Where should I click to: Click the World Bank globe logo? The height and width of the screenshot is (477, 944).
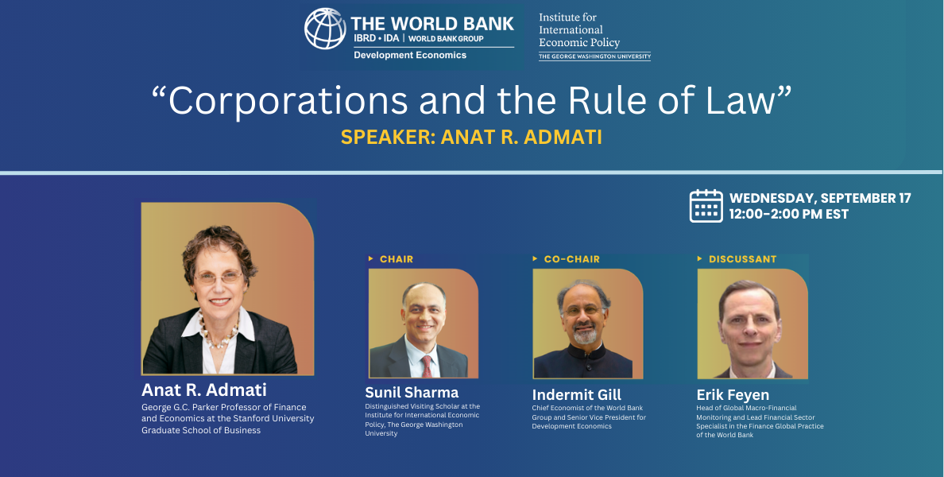pyautogui.click(x=325, y=29)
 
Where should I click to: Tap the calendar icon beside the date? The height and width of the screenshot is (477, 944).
pyautogui.click(x=706, y=206)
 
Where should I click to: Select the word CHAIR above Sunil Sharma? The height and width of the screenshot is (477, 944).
pyautogui.click(x=397, y=259)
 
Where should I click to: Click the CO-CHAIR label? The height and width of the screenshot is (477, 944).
pyautogui.click(x=572, y=259)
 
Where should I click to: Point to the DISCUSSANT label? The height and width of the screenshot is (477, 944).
pyautogui.click(x=742, y=259)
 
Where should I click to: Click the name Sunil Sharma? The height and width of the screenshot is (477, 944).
pyautogui.click(x=412, y=393)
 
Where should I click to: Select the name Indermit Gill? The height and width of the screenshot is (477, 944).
pyautogui.click(x=577, y=395)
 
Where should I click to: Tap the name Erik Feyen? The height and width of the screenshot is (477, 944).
pyautogui.click(x=733, y=395)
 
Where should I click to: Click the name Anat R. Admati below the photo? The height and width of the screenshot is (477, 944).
pyautogui.click(x=204, y=390)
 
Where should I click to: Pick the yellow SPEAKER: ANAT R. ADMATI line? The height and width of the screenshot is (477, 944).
pyautogui.click(x=471, y=138)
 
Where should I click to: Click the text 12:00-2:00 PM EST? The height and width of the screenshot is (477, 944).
pyautogui.click(x=789, y=215)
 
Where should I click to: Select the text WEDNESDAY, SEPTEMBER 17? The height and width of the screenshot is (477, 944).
pyautogui.click(x=820, y=198)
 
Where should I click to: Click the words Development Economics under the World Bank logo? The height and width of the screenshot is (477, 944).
pyautogui.click(x=410, y=56)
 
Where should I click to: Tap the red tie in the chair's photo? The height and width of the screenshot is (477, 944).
pyautogui.click(x=426, y=366)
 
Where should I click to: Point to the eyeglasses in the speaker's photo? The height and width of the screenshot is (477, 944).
pyautogui.click(x=218, y=277)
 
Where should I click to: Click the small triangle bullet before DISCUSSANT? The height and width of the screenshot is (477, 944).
pyautogui.click(x=699, y=259)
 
